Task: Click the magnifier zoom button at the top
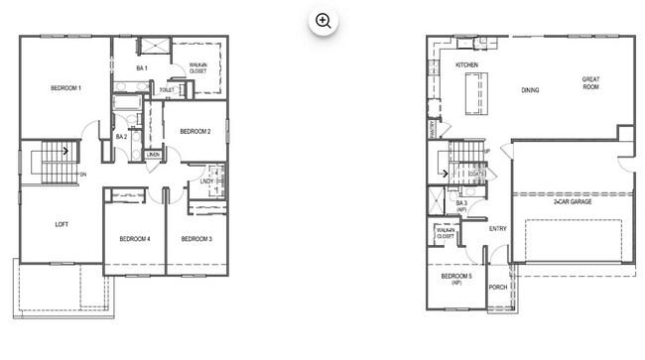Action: coord(322,21)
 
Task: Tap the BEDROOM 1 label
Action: coord(65,89)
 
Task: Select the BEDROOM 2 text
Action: coord(194,131)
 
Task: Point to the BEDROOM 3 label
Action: coord(195,239)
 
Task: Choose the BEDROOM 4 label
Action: coord(134,239)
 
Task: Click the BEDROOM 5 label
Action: coord(456,278)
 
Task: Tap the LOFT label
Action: coord(62,224)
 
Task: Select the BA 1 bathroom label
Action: coord(142,68)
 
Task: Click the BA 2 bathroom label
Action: coord(121,136)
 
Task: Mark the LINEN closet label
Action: coord(153,155)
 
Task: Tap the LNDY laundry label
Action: coord(207,180)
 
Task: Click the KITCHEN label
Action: coord(467,64)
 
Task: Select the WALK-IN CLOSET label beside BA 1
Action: coord(198,69)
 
